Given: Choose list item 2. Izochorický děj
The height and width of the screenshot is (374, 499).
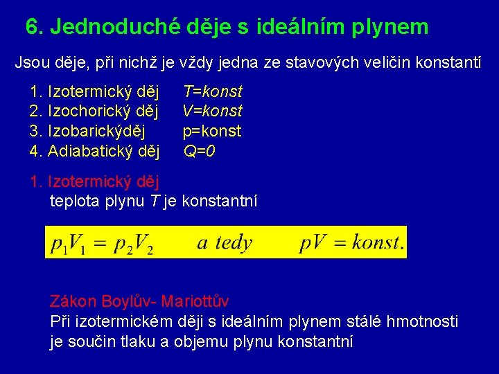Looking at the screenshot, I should click(x=95, y=111).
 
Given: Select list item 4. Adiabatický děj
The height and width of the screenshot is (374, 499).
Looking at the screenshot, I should click(x=95, y=150).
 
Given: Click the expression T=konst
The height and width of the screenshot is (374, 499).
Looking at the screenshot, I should click(x=212, y=91).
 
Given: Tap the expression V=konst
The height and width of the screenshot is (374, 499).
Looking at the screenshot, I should click(x=212, y=111).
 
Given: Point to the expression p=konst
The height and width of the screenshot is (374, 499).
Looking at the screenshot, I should click(x=212, y=131).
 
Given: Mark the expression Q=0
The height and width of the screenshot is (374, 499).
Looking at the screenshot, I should click(x=199, y=150).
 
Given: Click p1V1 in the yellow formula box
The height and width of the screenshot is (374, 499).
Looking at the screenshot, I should click(x=69, y=244).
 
